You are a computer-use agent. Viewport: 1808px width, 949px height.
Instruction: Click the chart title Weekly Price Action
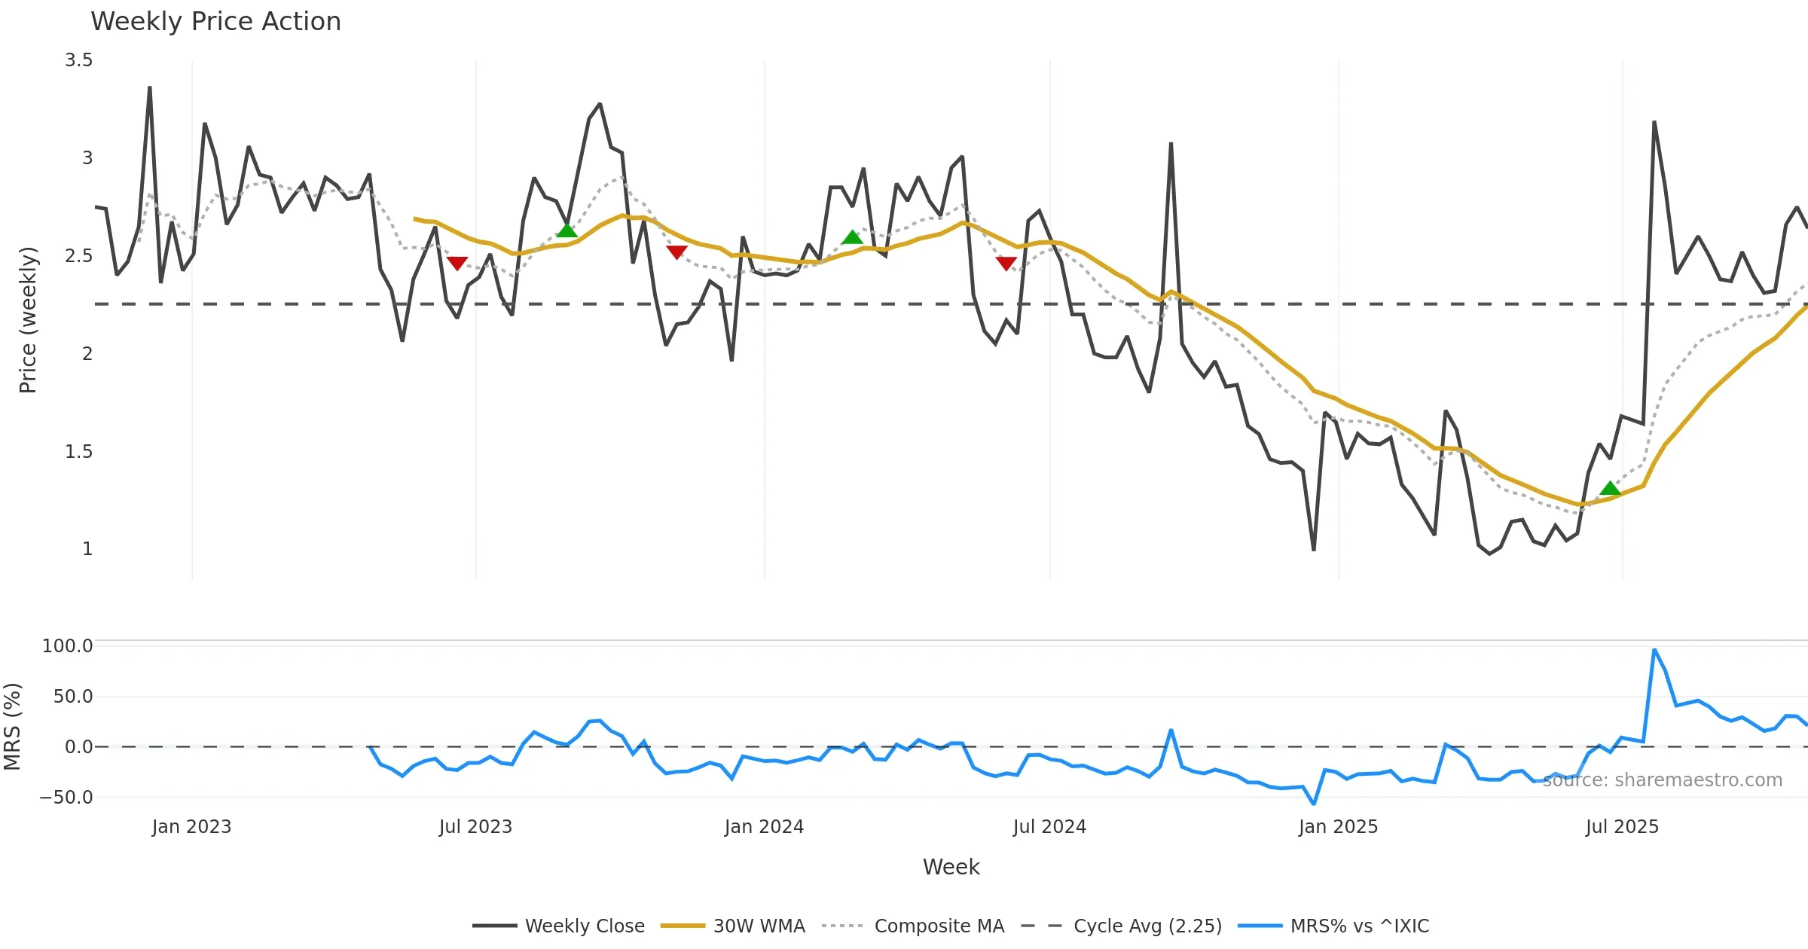[x=215, y=22]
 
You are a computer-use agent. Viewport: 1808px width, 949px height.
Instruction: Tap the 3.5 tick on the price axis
[x=78, y=60]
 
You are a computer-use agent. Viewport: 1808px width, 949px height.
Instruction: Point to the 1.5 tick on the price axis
[x=78, y=452]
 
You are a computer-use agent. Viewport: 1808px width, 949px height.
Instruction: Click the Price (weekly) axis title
[x=28, y=320]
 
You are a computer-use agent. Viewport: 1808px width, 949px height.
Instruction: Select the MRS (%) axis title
[x=13, y=727]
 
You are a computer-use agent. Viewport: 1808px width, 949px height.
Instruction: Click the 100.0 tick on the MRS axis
[x=67, y=646]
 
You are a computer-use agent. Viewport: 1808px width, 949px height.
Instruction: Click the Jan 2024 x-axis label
[x=764, y=827]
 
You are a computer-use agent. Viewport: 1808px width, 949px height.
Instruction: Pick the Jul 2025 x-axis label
[x=1622, y=827]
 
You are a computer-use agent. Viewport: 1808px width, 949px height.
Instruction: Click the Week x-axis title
[x=951, y=868]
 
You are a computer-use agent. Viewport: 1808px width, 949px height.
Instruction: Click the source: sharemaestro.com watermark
[x=1662, y=780]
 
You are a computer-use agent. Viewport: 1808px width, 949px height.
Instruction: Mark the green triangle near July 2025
[x=1610, y=489]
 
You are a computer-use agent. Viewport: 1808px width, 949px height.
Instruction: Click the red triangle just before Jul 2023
[x=457, y=263]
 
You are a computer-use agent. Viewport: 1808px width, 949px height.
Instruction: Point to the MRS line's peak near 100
[x=1654, y=650]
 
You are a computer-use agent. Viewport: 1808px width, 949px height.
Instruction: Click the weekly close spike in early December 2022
[x=150, y=88]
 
